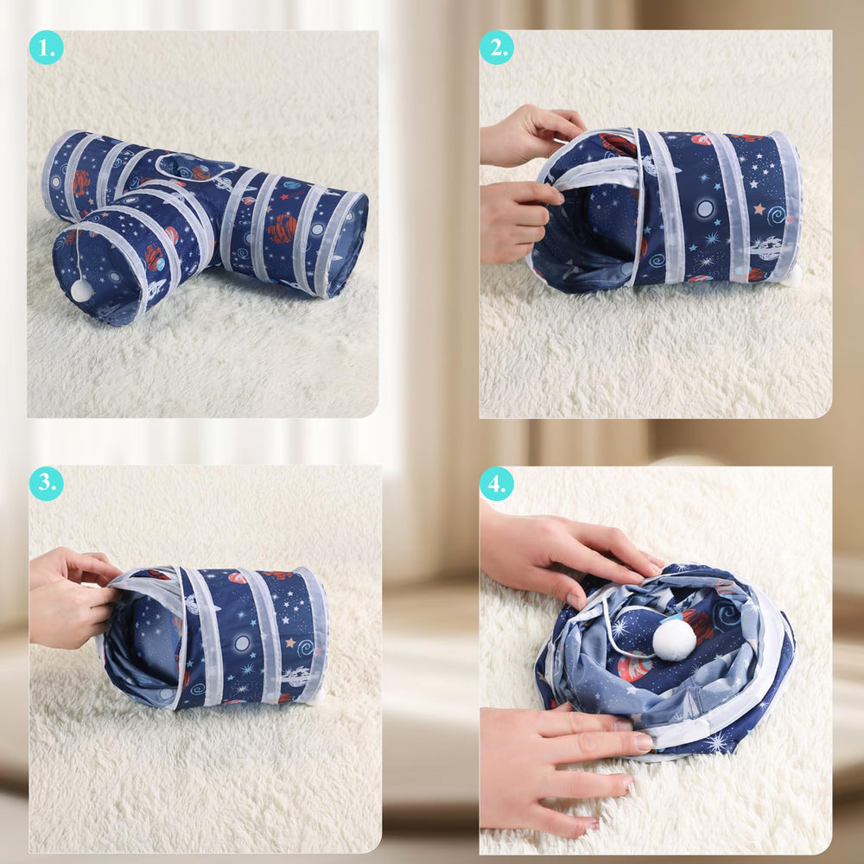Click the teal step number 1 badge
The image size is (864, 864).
[46, 48]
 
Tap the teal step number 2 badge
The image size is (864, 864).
[497, 48]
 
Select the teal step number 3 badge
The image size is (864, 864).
[46, 483]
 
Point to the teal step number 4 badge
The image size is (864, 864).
[497, 484]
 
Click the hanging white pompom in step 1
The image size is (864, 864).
[81, 289]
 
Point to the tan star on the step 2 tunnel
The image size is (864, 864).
[759, 209]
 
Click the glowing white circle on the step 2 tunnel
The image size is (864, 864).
[705, 209]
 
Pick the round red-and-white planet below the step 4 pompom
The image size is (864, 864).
[635, 665]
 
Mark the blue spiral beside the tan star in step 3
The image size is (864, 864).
[306, 648]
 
